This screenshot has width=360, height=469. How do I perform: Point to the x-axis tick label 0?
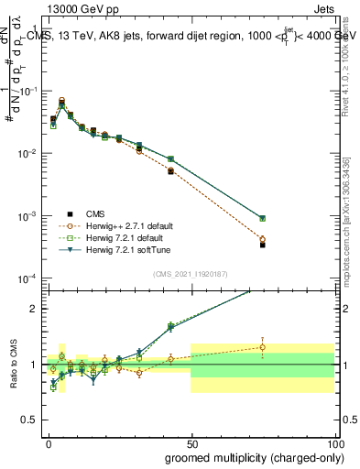[47, 442]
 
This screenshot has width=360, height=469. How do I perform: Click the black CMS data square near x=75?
[262, 245]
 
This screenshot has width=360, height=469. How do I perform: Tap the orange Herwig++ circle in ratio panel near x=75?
[262, 347]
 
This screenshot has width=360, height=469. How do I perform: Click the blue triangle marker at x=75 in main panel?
[262, 219]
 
